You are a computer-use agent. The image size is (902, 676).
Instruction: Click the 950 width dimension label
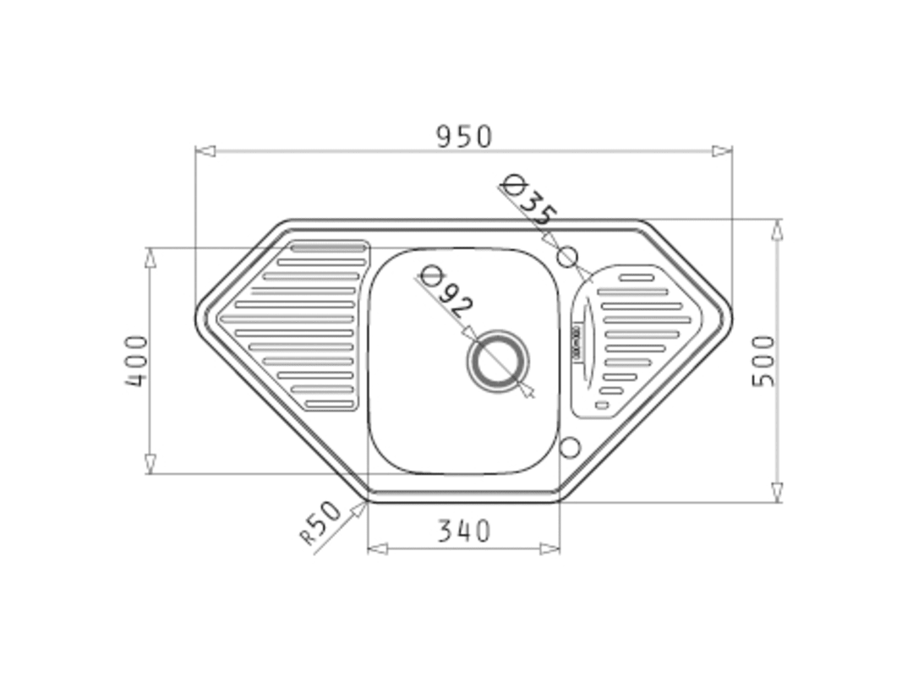point(464,137)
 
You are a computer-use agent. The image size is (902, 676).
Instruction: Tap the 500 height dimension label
point(764,361)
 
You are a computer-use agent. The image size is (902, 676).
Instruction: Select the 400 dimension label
point(137,361)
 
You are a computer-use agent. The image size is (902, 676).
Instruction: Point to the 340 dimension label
point(464,531)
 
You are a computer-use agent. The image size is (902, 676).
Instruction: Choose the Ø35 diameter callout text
point(528,200)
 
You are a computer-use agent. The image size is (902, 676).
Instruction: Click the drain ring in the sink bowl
point(498,362)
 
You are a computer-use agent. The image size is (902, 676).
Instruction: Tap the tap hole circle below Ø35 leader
point(567,256)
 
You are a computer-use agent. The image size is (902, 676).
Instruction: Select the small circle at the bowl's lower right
point(570,447)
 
